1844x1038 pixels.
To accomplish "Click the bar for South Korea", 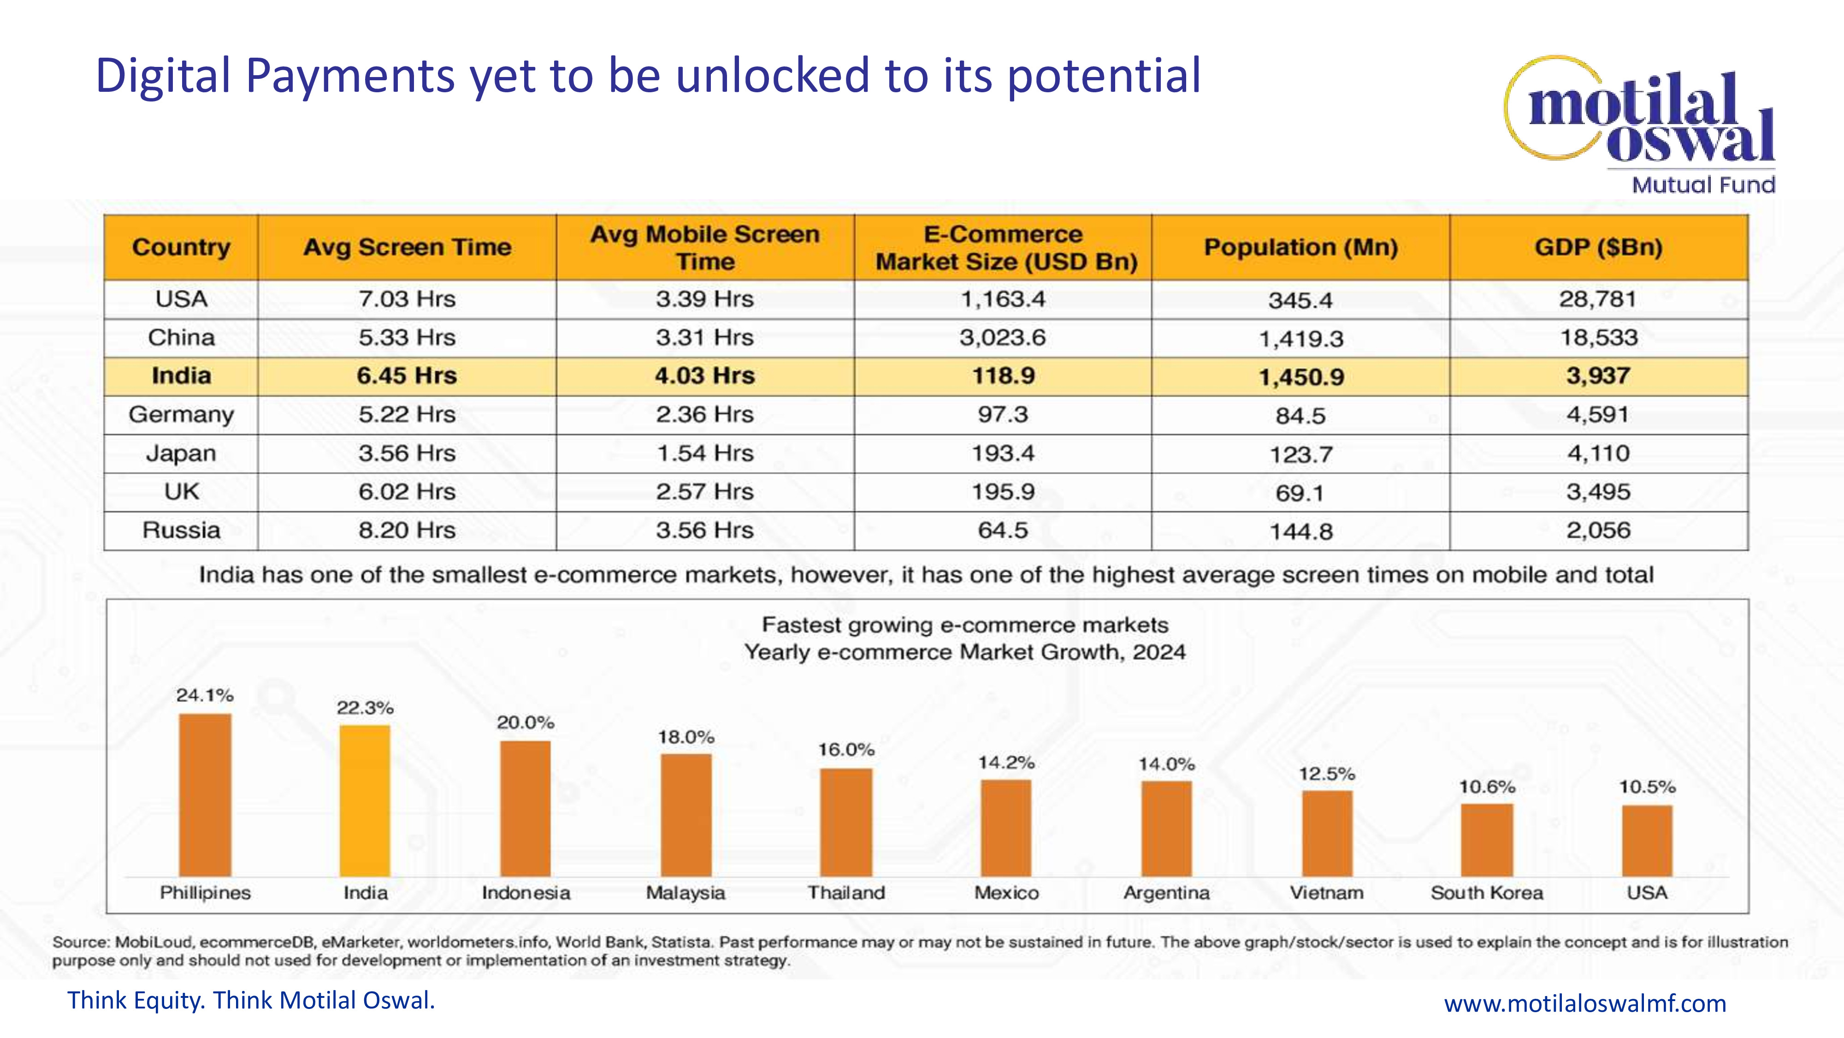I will pos(1487,840).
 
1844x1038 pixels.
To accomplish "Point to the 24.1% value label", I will pos(205,695).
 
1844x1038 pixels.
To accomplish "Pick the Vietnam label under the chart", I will pos(1326,893).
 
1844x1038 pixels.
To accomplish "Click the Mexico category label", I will pos(1006,893).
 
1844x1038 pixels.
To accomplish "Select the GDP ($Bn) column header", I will pos(1598,247).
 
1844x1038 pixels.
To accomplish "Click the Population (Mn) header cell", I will pos(1300,247).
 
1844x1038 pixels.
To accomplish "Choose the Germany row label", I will pos(181,414).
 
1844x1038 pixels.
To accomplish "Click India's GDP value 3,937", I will pos(1598,376).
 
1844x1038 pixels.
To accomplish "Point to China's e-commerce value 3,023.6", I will pos(1002,337).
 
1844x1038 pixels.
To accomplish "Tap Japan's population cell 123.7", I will pos(1300,454).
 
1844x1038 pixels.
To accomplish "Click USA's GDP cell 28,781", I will pos(1598,299).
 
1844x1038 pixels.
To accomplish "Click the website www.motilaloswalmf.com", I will pos(1585,1003).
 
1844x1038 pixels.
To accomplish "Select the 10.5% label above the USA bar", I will pos(1647,787).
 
